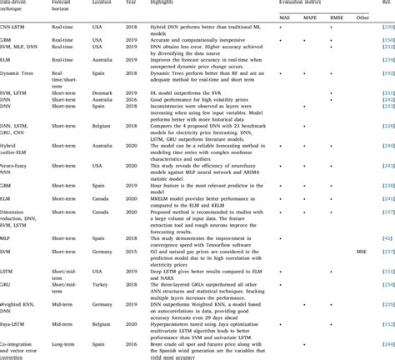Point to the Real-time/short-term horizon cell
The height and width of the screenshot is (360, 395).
coord(68,97)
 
